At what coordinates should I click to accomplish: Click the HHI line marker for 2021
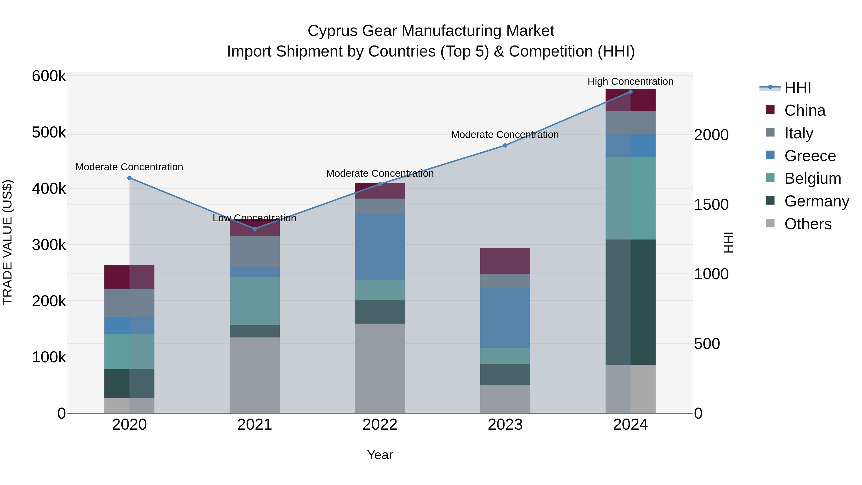click(x=255, y=229)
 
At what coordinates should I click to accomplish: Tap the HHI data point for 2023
click(x=505, y=145)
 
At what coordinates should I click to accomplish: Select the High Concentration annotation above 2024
click(x=630, y=81)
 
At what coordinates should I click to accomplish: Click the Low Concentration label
click(x=255, y=218)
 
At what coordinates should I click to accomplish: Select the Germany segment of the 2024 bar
click(x=630, y=302)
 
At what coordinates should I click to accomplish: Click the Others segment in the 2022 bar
click(x=380, y=368)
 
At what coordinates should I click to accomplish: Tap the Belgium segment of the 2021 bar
click(x=255, y=301)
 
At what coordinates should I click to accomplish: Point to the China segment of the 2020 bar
click(x=130, y=277)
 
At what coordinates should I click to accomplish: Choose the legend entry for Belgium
click(x=812, y=178)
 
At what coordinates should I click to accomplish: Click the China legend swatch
click(x=770, y=110)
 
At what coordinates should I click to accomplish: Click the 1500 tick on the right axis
click(x=711, y=205)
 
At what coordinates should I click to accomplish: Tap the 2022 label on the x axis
click(x=380, y=425)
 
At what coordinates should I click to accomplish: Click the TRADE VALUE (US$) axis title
click(x=7, y=242)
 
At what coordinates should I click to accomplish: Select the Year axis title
click(x=380, y=455)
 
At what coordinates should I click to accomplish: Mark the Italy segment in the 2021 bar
click(x=255, y=252)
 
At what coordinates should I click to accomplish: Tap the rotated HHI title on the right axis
click(x=728, y=242)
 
